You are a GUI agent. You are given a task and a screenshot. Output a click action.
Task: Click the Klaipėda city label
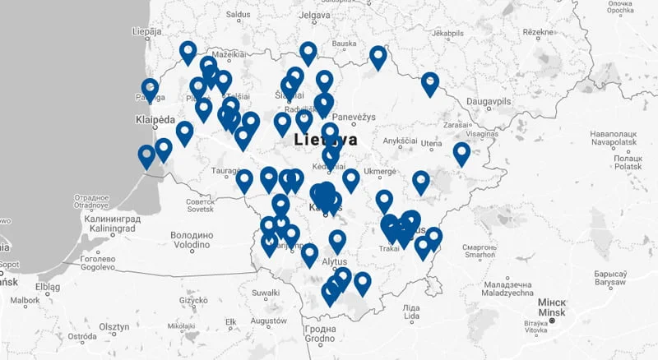click(x=155, y=121)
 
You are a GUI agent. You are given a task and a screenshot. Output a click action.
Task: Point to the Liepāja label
click(x=147, y=32)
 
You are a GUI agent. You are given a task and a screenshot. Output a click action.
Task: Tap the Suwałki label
click(x=266, y=292)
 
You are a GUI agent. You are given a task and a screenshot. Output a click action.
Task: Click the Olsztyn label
click(x=114, y=326)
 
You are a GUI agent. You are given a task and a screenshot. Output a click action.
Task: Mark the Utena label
click(x=431, y=144)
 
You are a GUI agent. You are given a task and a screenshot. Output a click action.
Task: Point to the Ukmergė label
click(x=379, y=171)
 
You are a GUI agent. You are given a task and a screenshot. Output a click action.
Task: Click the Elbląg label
click(x=48, y=287)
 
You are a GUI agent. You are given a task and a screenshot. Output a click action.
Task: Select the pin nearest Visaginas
click(x=461, y=153)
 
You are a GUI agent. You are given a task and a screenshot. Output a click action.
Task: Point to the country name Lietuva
click(x=326, y=140)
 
